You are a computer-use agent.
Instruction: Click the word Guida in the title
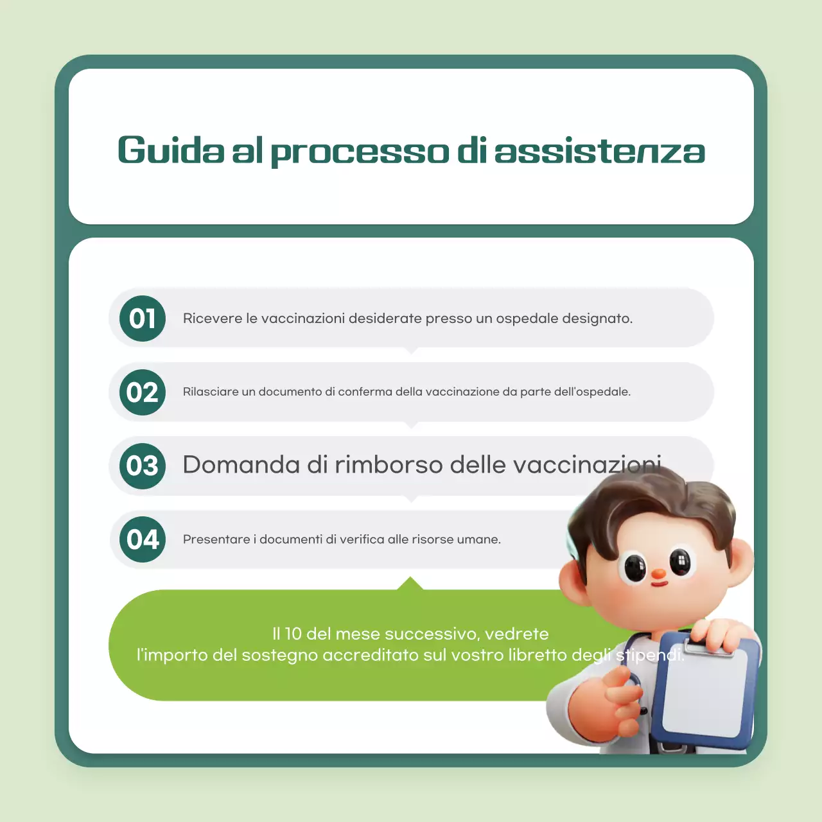[171, 151]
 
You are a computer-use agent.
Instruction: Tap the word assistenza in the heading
[600, 151]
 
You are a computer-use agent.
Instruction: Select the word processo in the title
[360, 152]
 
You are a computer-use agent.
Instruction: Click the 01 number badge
[143, 319]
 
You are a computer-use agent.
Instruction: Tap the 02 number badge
[143, 392]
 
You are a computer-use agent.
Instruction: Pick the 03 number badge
[143, 466]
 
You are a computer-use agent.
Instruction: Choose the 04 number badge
[143, 539]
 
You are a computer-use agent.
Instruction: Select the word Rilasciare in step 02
[210, 392]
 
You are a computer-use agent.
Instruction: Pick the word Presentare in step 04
[216, 539]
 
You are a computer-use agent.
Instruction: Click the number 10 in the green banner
[293, 634]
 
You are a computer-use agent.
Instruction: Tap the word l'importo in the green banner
[171, 655]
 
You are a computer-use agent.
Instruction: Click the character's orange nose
[659, 573]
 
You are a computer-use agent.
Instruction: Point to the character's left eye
[635, 567]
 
